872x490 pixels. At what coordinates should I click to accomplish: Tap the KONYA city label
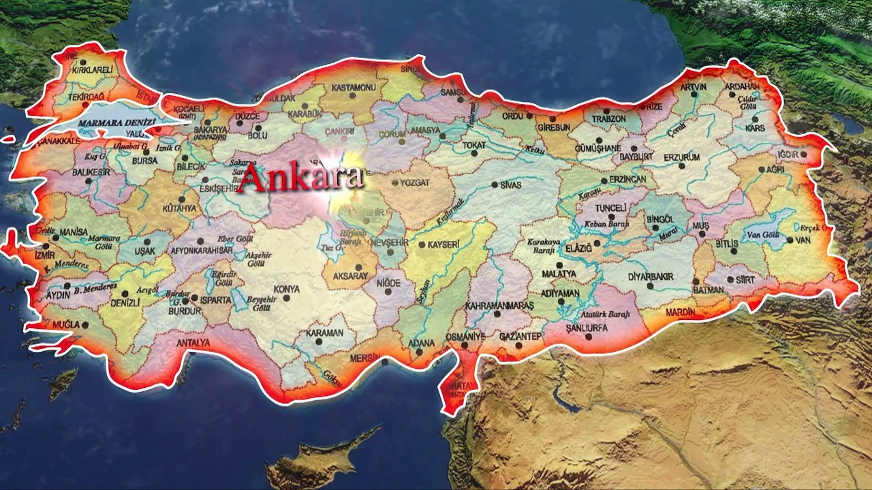pos(286,289)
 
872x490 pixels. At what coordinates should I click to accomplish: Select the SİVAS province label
pos(510,185)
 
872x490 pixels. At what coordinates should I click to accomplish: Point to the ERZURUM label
pos(682,157)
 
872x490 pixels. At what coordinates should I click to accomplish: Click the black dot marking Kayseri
pos(422,245)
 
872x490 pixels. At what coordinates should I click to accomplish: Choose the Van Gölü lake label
pos(763,235)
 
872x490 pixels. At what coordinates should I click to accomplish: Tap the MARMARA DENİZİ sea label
pos(117,122)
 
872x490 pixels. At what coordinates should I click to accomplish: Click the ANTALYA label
pos(193,343)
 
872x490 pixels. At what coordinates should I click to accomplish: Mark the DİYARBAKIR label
pos(651,277)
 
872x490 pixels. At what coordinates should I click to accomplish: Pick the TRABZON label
pos(608,118)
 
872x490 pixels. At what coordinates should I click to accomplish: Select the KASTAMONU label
pos(354,88)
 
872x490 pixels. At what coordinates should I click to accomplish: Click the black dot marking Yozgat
pos(395,182)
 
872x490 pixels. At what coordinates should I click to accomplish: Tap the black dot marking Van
pos(790,240)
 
